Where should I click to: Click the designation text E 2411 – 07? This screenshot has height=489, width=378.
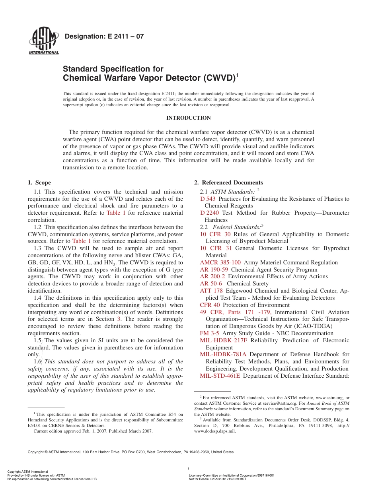[104, 37]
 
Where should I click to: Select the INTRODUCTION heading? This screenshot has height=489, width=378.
[188, 118]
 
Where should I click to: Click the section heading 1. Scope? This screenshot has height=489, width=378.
[39, 182]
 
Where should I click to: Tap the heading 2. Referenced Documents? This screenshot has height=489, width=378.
[228, 182]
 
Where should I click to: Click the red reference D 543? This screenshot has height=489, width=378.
[208, 199]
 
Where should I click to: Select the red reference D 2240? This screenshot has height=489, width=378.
[210, 213]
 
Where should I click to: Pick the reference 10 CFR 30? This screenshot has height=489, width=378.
[215, 234]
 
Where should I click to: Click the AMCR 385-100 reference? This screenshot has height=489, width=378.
[220, 262]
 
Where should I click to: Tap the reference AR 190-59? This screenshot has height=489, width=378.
[214, 270]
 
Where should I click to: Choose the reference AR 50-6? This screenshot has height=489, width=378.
[211, 283]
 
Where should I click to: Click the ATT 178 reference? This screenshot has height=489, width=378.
[211, 291]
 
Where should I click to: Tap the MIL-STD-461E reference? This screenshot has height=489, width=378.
[220, 376]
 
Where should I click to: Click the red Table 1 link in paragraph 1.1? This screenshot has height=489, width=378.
[116, 213]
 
